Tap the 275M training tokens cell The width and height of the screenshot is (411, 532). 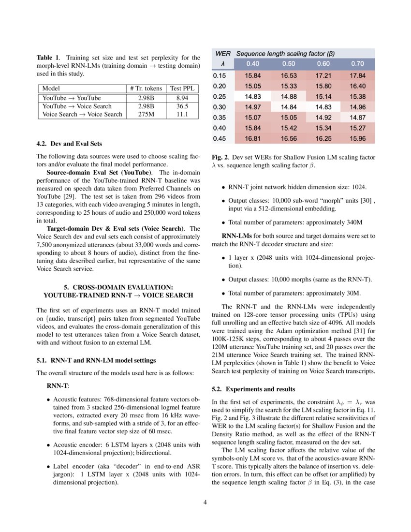coord(146,114)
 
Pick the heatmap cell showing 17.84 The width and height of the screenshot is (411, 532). coord(357,76)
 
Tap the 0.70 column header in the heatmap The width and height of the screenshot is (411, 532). coord(357,64)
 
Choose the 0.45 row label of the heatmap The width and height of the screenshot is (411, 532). coord(220,139)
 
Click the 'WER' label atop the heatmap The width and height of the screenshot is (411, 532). coord(223,53)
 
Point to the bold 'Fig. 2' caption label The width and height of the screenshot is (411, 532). coord(220,158)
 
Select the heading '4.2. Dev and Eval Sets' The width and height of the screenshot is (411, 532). coord(69,144)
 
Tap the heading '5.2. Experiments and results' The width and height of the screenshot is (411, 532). coord(253,389)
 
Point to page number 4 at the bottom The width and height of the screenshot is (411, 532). coord(205,502)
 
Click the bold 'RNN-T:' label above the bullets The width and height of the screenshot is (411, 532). coord(58,386)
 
